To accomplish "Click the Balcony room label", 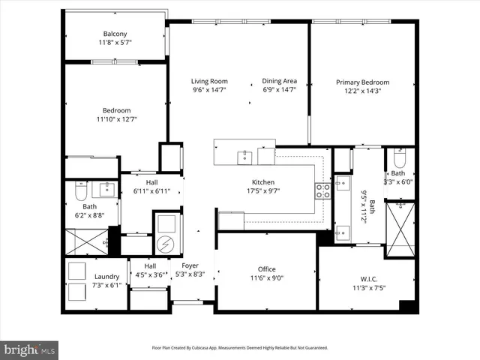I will pos(115,34).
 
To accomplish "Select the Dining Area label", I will pos(279,81).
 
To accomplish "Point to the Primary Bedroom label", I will pos(362,82).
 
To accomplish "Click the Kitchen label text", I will pos(262,182).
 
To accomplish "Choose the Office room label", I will pos(266,269).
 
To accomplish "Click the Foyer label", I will pos(190,265).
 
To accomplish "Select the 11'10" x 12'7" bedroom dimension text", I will pos(116,118).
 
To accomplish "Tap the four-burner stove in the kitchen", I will pos(322,191).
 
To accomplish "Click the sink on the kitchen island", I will pos(244,157).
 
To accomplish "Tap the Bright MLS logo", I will pos(30,349).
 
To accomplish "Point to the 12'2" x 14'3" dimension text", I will pos(362,91).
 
